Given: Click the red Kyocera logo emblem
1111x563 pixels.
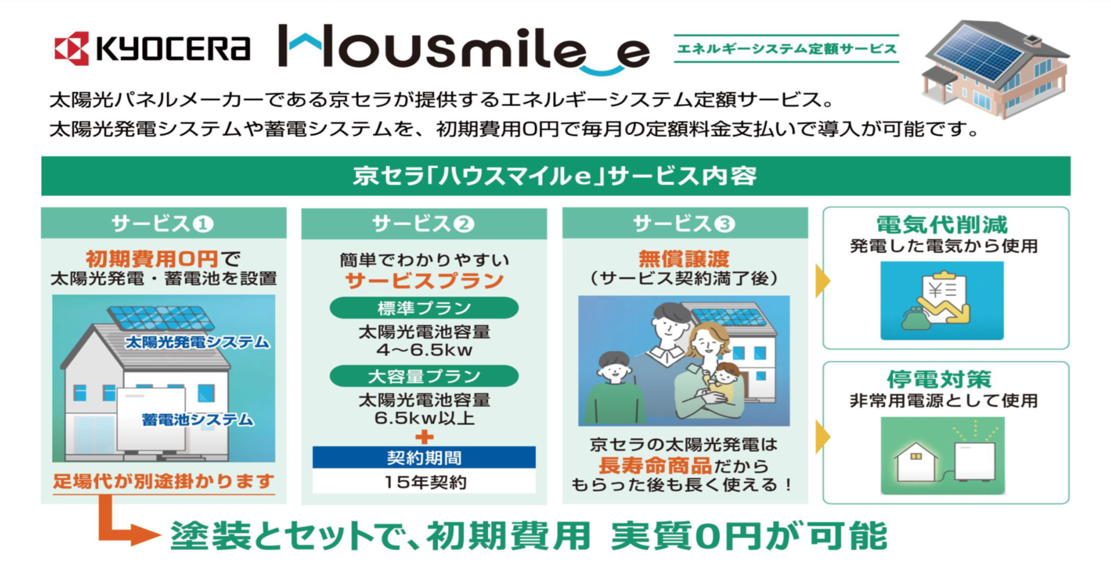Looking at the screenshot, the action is coord(72,48).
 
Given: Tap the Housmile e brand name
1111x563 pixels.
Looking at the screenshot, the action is coord(464,48).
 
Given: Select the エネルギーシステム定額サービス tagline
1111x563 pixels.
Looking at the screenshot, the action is coord(787,48).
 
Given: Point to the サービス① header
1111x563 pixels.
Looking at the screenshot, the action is coord(163,224).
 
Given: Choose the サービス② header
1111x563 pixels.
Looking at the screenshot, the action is coord(424,224).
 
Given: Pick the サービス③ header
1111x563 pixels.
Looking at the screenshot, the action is coord(684,224).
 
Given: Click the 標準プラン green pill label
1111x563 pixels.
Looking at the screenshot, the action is coord(424,308).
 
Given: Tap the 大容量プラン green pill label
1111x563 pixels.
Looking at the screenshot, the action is coord(424,376).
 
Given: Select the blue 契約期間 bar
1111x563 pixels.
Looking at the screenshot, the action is coord(424,458).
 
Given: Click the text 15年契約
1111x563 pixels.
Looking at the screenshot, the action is coord(425,482).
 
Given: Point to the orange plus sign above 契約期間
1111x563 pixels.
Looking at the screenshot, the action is coord(424,436).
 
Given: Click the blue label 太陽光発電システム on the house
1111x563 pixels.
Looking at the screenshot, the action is coord(197,342).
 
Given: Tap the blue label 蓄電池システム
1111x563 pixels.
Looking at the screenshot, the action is coord(197,420).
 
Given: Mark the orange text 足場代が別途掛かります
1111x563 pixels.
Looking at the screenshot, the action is coord(163,481).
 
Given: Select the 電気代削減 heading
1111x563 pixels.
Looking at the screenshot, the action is coord(943,225).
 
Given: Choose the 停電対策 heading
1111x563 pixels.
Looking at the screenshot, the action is coord(940,380).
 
